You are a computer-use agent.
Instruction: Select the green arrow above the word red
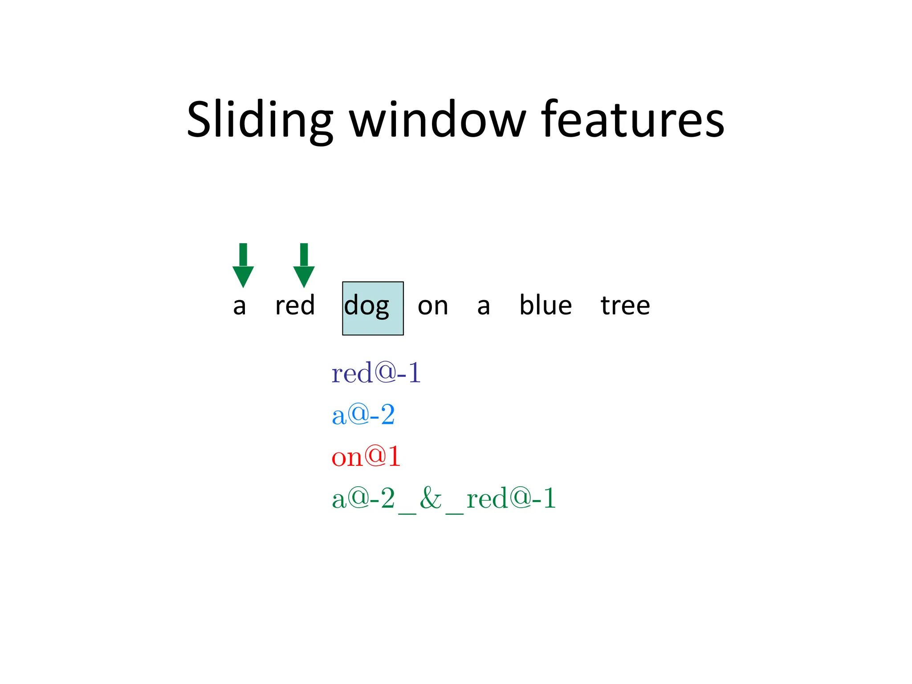[304, 266]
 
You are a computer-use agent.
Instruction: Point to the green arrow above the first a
[243, 266]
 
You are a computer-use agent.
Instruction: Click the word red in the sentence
[295, 305]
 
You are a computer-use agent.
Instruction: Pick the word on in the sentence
[432, 306]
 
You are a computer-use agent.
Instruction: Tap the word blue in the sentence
[546, 305]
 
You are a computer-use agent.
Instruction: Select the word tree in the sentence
[625, 305]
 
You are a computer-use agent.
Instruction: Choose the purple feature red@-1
[376, 373]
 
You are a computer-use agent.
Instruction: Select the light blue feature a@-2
[363, 415]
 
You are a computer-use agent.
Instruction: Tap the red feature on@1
[366, 456]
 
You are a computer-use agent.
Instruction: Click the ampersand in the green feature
[430, 498]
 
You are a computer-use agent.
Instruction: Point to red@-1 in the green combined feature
[511, 498]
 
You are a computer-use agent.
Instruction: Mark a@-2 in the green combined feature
[363, 498]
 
